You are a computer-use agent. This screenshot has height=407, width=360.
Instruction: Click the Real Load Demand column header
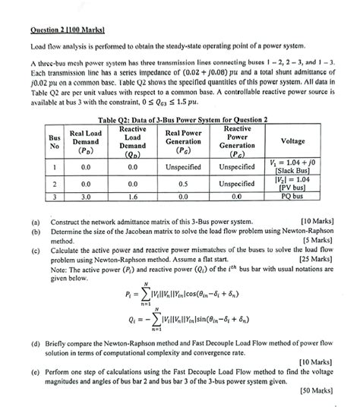[x=85, y=141]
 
